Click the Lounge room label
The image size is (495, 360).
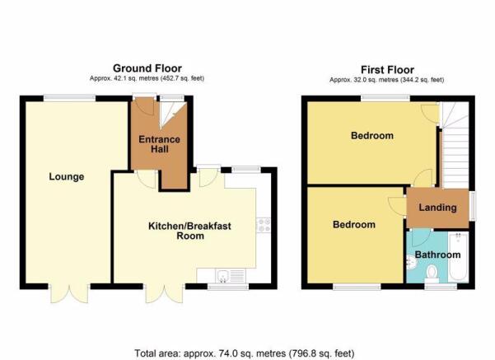66,176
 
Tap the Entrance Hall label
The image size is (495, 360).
160,144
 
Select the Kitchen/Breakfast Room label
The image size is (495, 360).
189,231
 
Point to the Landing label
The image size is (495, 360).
437,208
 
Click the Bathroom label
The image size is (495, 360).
437,255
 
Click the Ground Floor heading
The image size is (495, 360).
147,68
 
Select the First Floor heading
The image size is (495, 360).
387,69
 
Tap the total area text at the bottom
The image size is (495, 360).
245,353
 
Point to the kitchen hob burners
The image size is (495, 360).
264,225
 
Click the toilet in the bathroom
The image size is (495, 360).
432,274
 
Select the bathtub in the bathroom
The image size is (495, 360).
459,256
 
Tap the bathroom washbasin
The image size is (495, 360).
411,262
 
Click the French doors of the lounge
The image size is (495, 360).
69,293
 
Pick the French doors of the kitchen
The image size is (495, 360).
164,293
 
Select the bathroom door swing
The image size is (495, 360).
419,237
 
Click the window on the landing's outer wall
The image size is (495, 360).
472,206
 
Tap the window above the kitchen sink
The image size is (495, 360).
228,287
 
